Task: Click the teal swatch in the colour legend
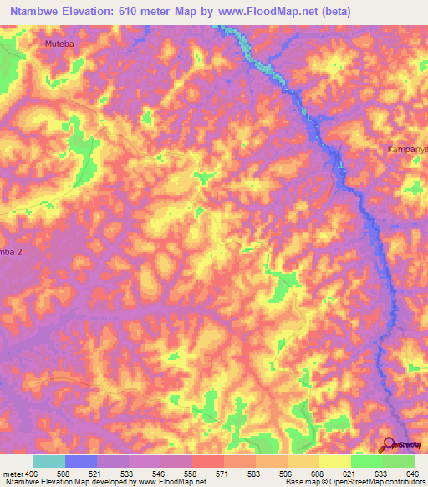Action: (x=49, y=461)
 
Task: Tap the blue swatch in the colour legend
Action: (x=81, y=461)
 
